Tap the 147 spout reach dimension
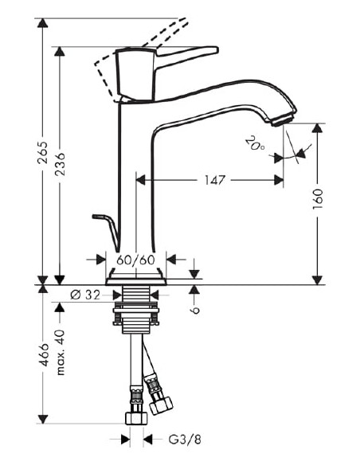pyautogui.click(x=211, y=181)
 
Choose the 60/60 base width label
pyautogui.click(x=136, y=260)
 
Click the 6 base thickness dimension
pyautogui.click(x=196, y=300)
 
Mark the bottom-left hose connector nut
pyautogui.click(x=136, y=418)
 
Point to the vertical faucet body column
pyautogui.click(x=135, y=175)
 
